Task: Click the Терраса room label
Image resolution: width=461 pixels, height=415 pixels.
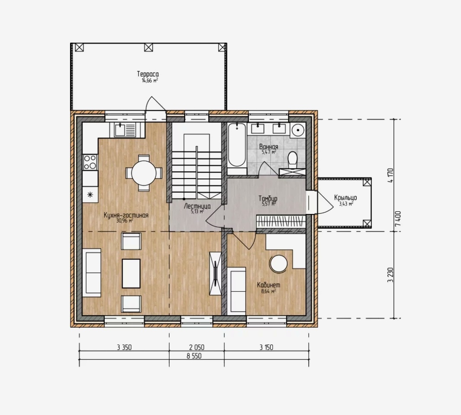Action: coord(148,74)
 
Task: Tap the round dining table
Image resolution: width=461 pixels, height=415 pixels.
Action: coord(144,173)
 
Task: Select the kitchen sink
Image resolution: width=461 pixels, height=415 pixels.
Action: coord(125,130)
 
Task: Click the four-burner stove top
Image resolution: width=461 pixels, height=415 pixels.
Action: coord(90,162)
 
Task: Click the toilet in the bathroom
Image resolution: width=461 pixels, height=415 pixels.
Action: coord(292,160)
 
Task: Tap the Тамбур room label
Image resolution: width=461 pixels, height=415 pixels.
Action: coord(268,198)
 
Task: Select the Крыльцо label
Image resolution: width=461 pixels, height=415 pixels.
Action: coord(346,198)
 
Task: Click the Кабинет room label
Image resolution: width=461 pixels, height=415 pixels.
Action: coord(269,285)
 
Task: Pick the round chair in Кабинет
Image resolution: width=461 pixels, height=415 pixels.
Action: coord(279,264)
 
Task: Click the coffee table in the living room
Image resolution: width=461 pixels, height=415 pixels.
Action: coord(131,273)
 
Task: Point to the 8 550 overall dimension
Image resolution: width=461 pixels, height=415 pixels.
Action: coord(194,356)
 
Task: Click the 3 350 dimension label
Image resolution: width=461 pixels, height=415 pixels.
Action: coord(125,348)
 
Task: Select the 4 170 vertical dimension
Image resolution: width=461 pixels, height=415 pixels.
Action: coord(391,175)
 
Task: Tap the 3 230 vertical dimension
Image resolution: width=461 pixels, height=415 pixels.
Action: coord(391,275)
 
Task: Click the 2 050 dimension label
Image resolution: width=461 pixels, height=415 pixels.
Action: coord(197,348)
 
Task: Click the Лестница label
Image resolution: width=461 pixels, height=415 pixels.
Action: coord(197,206)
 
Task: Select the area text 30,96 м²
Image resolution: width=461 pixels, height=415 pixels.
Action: coord(125,220)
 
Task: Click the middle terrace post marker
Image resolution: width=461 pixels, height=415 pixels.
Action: coord(148,47)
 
